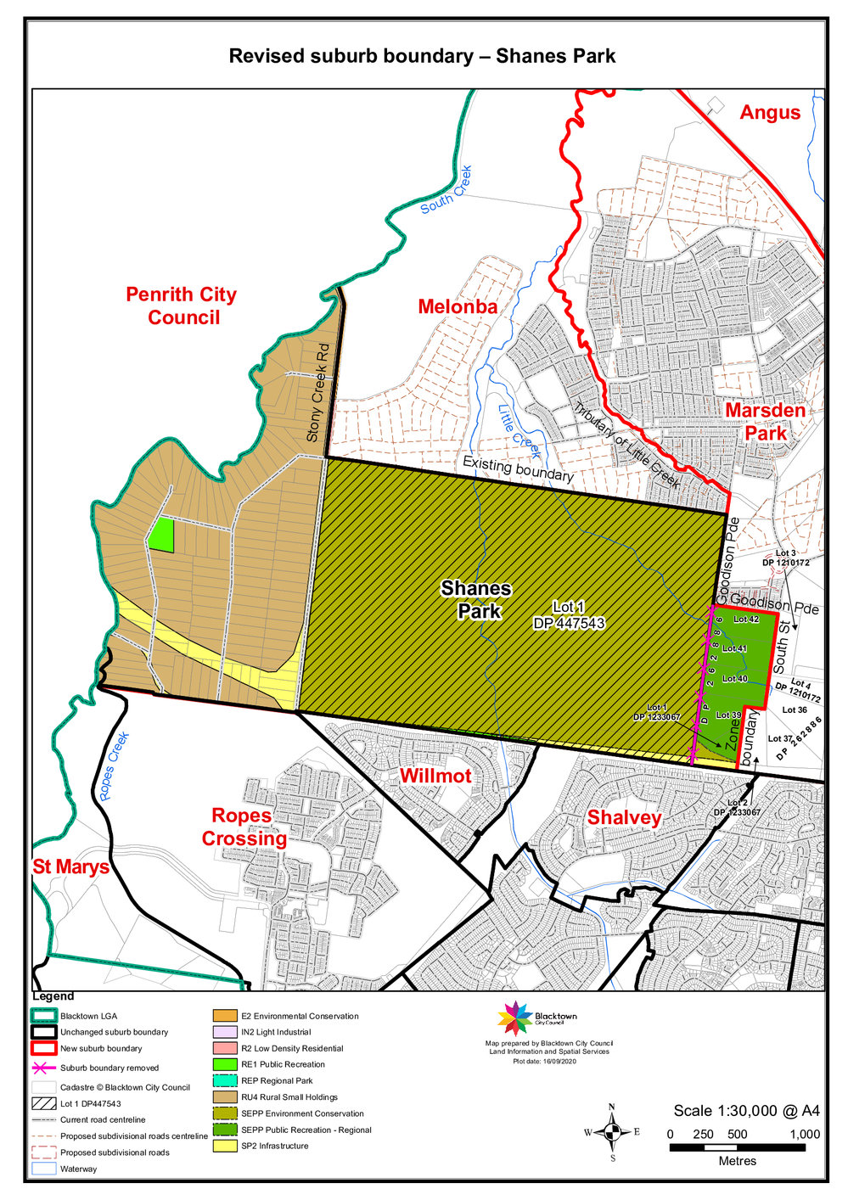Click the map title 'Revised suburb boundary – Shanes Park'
[x=422, y=57]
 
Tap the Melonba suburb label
[x=457, y=306]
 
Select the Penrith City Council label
[x=182, y=306]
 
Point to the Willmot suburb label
[x=435, y=775]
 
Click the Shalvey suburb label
[x=624, y=817]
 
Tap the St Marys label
[x=70, y=866]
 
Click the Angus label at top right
[x=770, y=113]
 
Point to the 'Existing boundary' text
[x=518, y=468]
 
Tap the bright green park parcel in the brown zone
[x=160, y=536]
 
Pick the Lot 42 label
[x=746, y=620]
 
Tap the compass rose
[x=611, y=1132]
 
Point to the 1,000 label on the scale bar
[x=804, y=1134]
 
